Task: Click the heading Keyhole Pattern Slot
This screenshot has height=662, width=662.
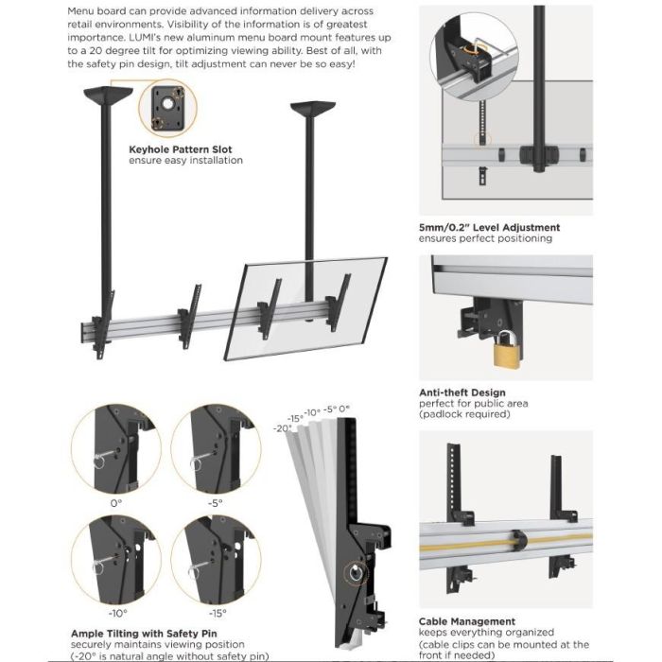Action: pyautogui.click(x=180, y=148)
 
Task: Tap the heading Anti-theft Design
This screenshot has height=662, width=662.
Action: pyautogui.click(x=462, y=392)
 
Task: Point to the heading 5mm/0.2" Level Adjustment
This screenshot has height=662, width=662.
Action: pyautogui.click(x=489, y=227)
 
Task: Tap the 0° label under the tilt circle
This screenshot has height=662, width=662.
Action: pyautogui.click(x=115, y=503)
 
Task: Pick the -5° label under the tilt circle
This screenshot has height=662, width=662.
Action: pyautogui.click(x=216, y=503)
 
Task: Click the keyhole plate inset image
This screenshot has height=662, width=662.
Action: pyautogui.click(x=166, y=109)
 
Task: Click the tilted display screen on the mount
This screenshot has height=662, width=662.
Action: pyautogui.click(x=306, y=307)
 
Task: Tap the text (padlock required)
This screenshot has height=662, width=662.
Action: pyautogui.click(x=462, y=415)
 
